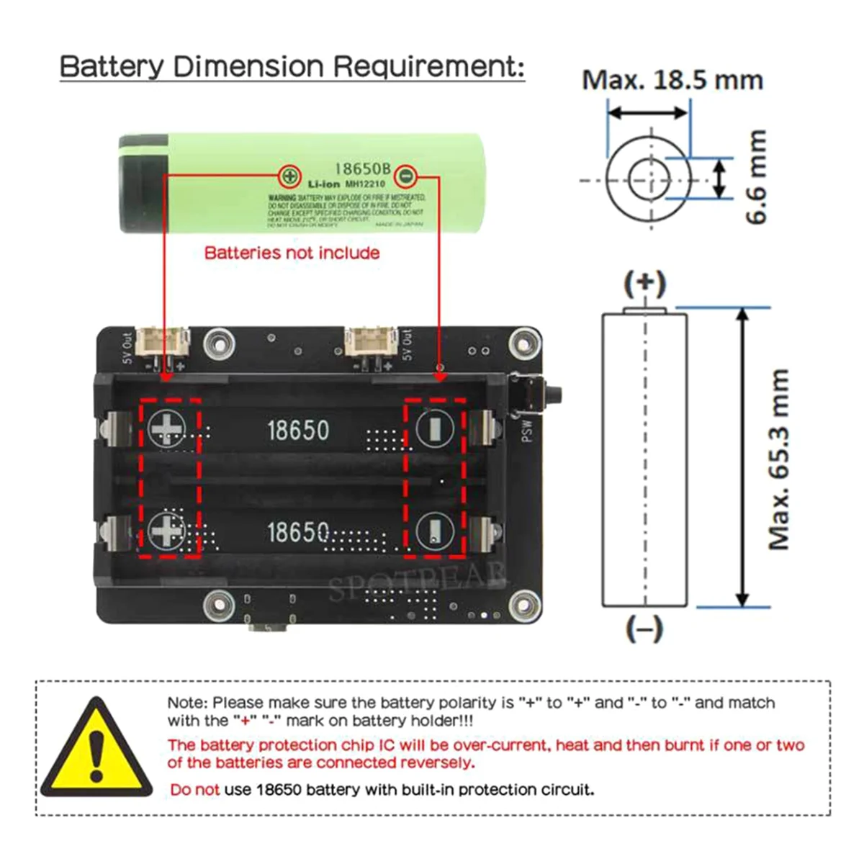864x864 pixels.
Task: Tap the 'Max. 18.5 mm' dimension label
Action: [672, 80]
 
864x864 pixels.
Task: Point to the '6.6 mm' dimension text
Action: [756, 177]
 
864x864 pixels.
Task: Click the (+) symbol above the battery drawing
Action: [644, 284]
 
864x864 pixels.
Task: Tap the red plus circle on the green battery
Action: [290, 175]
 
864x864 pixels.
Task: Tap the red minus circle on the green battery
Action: [406, 175]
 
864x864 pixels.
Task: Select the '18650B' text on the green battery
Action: [363, 168]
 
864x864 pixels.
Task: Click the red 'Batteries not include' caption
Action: [292, 253]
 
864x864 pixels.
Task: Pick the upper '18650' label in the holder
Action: [298, 431]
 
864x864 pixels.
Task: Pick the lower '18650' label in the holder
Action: [298, 533]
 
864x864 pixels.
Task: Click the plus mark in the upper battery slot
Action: [167, 429]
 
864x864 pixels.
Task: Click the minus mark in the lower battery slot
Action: [434, 531]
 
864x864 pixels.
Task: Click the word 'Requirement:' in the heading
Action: [428, 66]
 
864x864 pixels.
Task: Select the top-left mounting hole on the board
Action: [219, 344]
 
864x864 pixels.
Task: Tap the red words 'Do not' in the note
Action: [194, 790]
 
